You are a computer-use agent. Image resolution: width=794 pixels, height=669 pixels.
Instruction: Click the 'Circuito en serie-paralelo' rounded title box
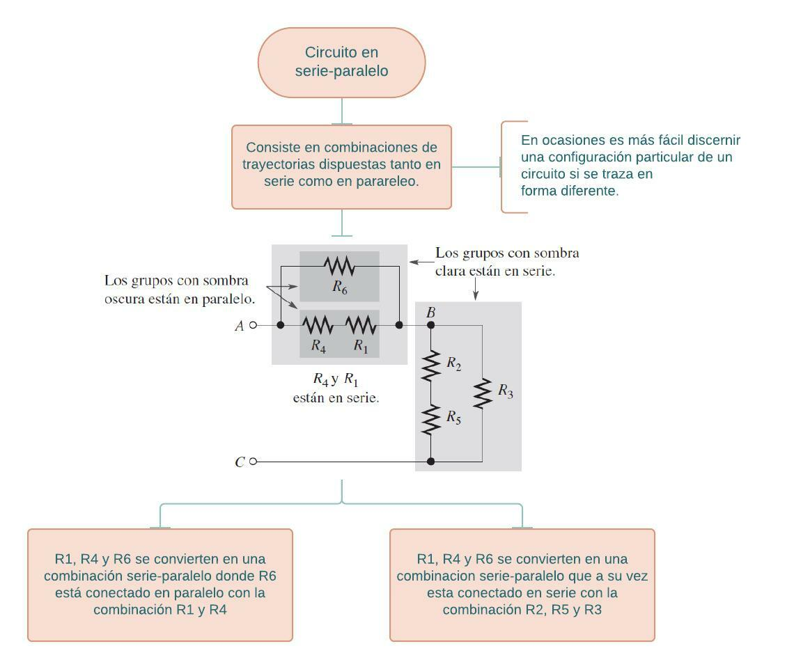(341, 63)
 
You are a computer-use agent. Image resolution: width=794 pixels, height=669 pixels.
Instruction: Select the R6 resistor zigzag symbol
(339, 266)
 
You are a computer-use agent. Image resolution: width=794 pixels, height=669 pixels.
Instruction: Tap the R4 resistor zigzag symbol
(318, 325)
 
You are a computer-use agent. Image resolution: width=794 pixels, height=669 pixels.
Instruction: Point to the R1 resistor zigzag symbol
(360, 325)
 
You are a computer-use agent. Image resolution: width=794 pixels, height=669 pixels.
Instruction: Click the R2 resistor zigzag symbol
(431, 365)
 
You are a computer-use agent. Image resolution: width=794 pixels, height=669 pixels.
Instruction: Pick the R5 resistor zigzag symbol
(431, 420)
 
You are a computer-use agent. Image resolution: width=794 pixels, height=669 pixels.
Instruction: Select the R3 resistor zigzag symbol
(482, 393)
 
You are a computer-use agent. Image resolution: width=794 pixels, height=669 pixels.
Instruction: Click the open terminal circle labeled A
(253, 325)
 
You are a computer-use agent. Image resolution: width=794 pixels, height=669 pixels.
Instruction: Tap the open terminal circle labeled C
(253, 461)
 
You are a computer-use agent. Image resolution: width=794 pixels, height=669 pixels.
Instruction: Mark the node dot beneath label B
(431, 325)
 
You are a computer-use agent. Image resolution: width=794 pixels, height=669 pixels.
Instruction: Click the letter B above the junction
(430, 313)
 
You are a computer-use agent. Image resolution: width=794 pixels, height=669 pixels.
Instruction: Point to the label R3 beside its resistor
(506, 391)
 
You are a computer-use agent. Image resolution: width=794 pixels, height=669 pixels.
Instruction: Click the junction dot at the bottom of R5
(431, 461)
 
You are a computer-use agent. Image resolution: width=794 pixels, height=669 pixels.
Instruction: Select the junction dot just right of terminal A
(281, 325)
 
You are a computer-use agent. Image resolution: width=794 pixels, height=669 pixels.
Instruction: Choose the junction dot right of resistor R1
(399, 325)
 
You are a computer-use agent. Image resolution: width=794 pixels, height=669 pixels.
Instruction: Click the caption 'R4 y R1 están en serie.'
(336, 389)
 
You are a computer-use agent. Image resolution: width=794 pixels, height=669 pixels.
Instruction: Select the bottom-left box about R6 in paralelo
(160, 585)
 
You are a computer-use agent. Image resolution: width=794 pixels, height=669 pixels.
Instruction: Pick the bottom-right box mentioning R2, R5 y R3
(522, 585)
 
